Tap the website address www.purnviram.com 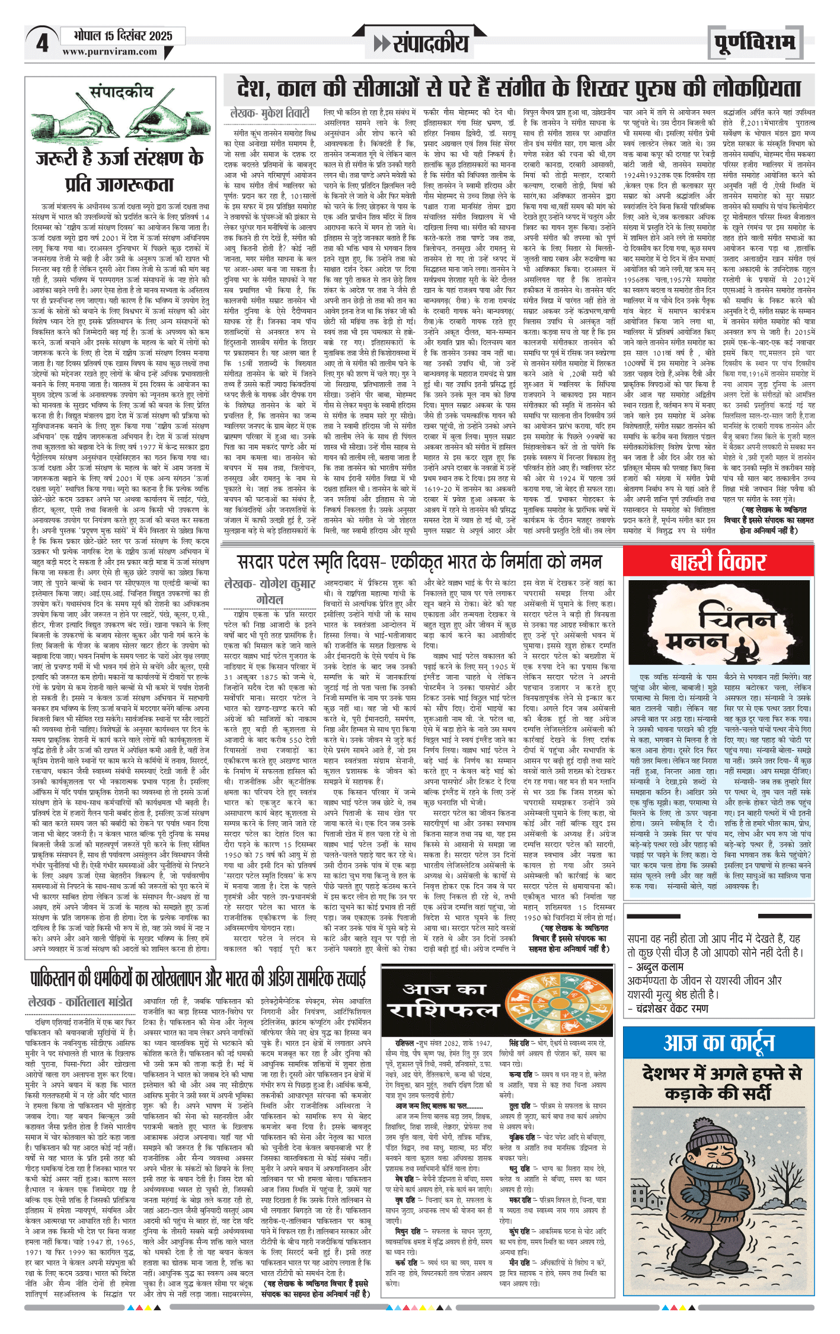pos(110,52)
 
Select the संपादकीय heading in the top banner pos(421,43)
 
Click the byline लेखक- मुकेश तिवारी pos(270,113)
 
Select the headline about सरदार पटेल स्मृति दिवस pos(419,561)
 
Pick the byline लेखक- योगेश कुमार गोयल pos(270,591)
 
